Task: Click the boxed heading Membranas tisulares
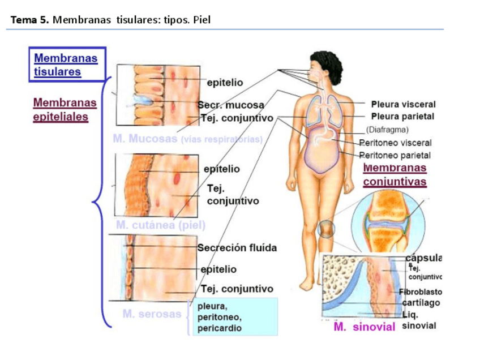tap(66, 65)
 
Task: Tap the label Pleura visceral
tap(403, 104)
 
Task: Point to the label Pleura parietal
tap(402, 117)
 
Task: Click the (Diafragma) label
tap(387, 130)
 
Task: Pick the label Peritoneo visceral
tap(396, 143)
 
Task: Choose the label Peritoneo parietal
tap(395, 155)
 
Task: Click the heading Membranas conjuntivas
tap(395, 175)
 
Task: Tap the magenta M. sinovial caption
tap(364, 327)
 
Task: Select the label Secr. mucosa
tap(231, 105)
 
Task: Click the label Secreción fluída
tap(237, 247)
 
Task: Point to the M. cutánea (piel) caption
tap(161, 225)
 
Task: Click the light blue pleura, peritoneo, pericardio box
tap(235, 317)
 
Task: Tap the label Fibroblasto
tap(420, 292)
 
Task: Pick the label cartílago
tap(421, 303)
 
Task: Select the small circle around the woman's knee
tap(327, 229)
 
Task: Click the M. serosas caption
tap(152, 314)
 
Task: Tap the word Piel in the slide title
tap(202, 20)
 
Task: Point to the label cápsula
tap(424, 258)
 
